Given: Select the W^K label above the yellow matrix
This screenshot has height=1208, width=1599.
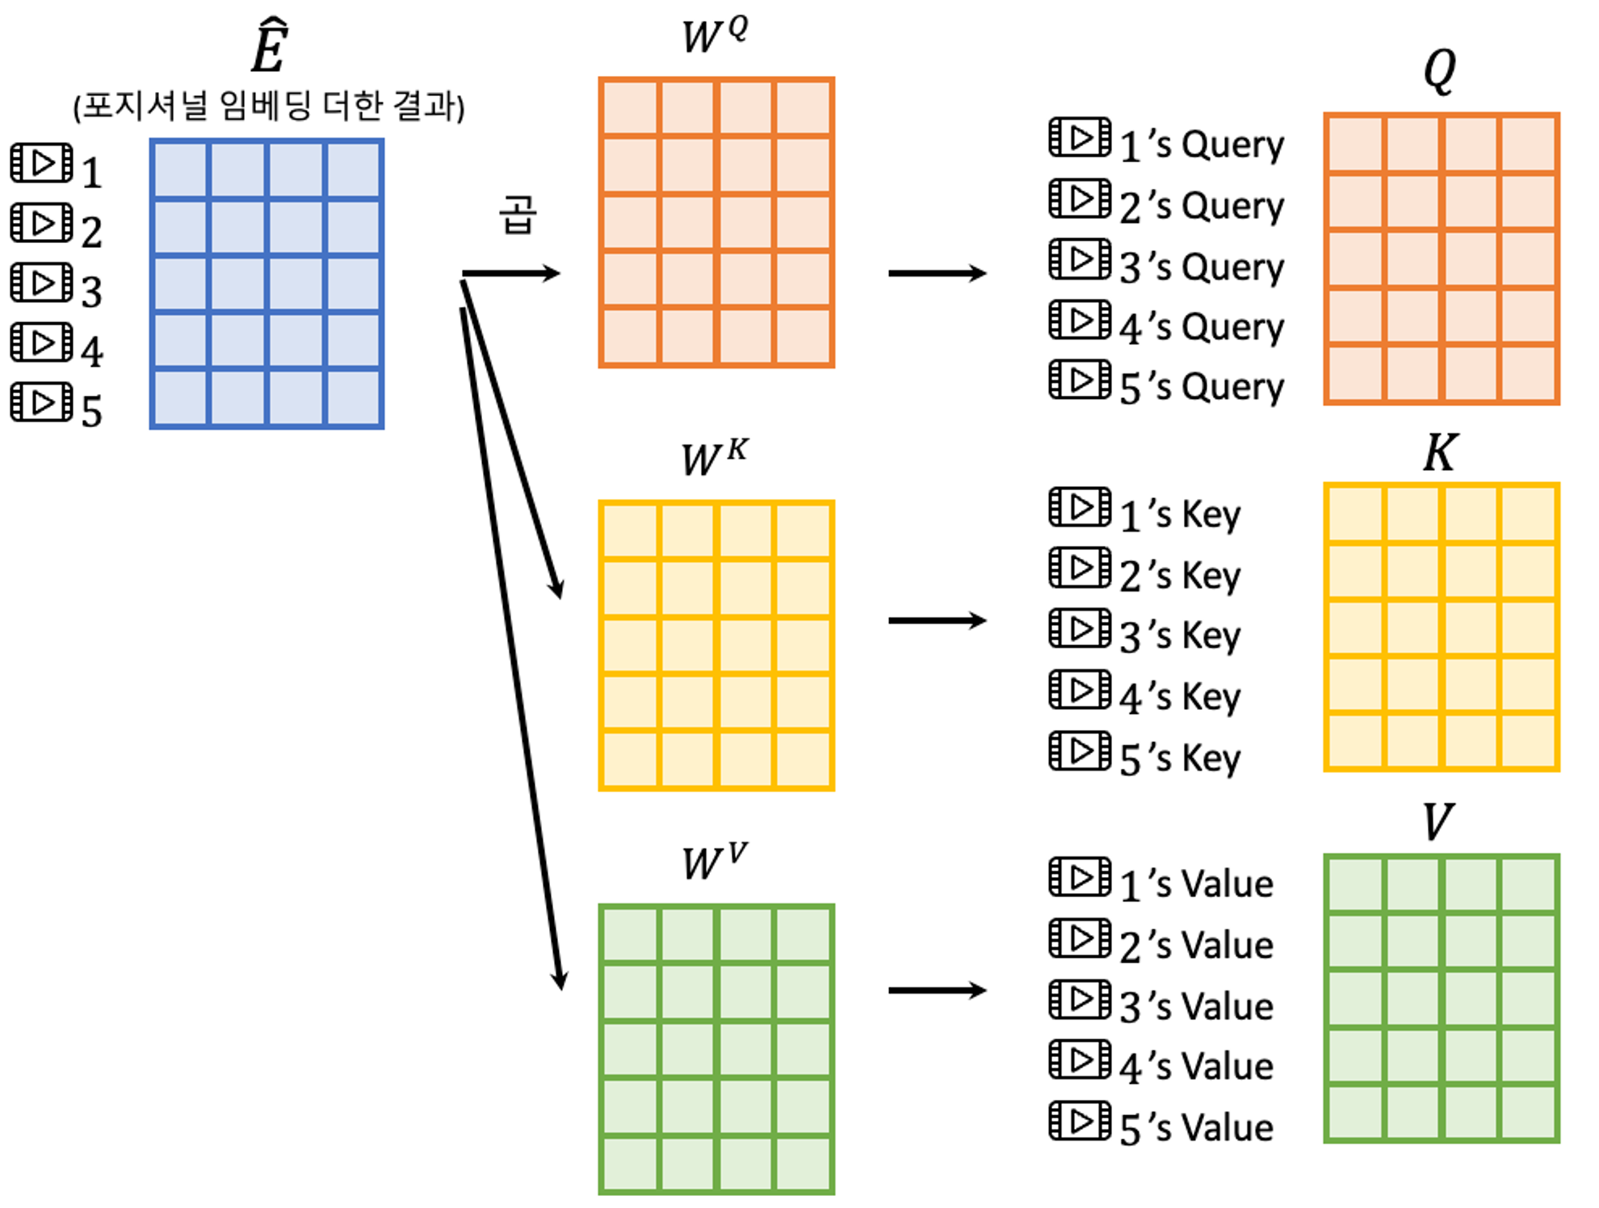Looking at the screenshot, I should [x=714, y=457].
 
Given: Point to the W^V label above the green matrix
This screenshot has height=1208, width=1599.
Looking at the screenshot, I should [x=714, y=862].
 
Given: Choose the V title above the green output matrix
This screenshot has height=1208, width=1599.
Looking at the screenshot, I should [x=1438, y=821].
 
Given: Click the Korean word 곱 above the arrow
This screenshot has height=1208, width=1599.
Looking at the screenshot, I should [x=518, y=214].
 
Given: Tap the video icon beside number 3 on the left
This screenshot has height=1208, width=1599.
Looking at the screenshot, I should [x=42, y=283].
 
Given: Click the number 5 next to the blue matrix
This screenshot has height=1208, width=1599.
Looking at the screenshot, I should [x=92, y=411].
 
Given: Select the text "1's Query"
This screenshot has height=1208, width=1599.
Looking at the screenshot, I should [x=1201, y=145].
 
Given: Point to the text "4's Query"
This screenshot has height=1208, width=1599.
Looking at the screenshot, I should [x=1201, y=327].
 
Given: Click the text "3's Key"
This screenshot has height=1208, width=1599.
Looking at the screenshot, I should [x=1179, y=636].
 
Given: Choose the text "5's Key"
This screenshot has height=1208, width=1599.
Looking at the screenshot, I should [x=1179, y=758].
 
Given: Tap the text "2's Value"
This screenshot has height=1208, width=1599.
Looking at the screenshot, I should [x=1196, y=946].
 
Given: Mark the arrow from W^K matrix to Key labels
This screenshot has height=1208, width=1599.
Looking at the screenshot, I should [x=937, y=620].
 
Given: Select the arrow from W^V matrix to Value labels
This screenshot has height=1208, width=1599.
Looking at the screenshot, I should [x=937, y=991].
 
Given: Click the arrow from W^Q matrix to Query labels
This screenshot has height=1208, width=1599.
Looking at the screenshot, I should [x=937, y=273].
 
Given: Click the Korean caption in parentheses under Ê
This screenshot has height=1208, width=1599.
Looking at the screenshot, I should [x=269, y=106].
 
